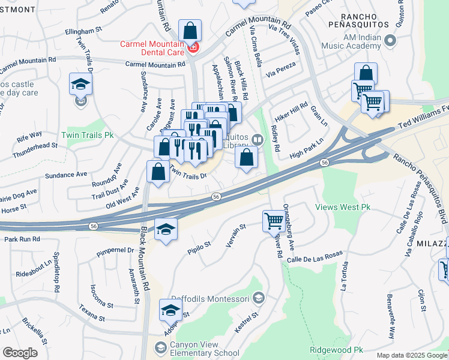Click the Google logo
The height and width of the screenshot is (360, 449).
click(20, 353)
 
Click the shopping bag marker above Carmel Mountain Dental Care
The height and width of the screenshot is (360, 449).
click(190, 30)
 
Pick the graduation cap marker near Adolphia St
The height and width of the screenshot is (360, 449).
click(170, 310)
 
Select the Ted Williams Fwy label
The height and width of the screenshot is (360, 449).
click(423, 118)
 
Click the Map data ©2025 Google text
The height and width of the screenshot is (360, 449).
click(411, 355)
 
